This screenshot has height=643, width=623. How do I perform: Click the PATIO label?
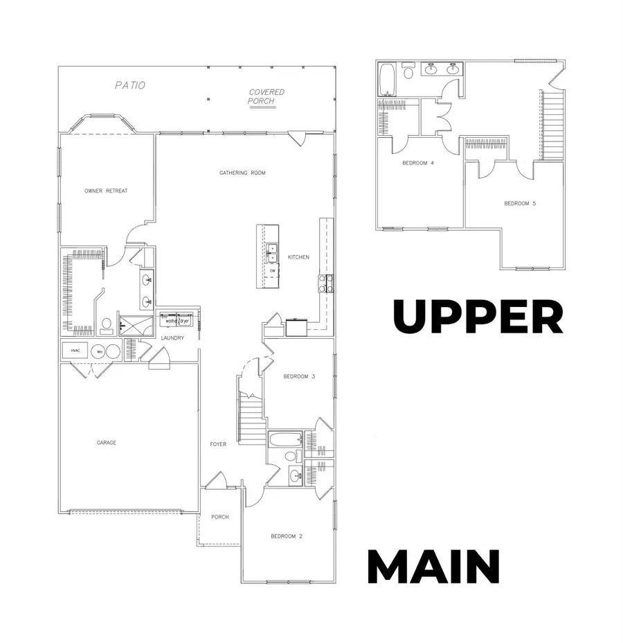pyautogui.click(x=130, y=85)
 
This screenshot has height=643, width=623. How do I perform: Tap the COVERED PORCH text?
pyautogui.click(x=266, y=96)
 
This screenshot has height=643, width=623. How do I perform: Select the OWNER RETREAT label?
pyautogui.click(x=106, y=191)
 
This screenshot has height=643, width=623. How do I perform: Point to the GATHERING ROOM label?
pyautogui.click(x=242, y=173)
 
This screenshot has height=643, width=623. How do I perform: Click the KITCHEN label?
pyautogui.click(x=298, y=257)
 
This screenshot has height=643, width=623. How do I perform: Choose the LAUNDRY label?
pyautogui.click(x=172, y=338)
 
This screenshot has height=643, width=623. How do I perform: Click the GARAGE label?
pyautogui.click(x=106, y=442)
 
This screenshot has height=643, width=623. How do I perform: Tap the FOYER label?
pyautogui.click(x=219, y=444)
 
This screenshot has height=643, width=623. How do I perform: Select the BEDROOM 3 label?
pyautogui.click(x=299, y=376)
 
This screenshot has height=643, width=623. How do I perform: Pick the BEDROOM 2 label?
pyautogui.click(x=287, y=536)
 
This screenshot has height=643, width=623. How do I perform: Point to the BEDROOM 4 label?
pyautogui.click(x=418, y=164)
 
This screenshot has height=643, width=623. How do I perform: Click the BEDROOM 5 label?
pyautogui.click(x=520, y=203)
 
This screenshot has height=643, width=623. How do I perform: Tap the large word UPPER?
pyautogui.click(x=478, y=317)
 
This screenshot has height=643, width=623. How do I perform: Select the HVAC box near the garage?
pyautogui.click(x=75, y=351)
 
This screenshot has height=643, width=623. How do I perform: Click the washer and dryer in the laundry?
pyautogui.click(x=177, y=320)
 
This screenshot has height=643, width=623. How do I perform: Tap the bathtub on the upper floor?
pyautogui.click(x=386, y=79)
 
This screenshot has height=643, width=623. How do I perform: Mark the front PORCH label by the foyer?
pyautogui.click(x=220, y=517)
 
